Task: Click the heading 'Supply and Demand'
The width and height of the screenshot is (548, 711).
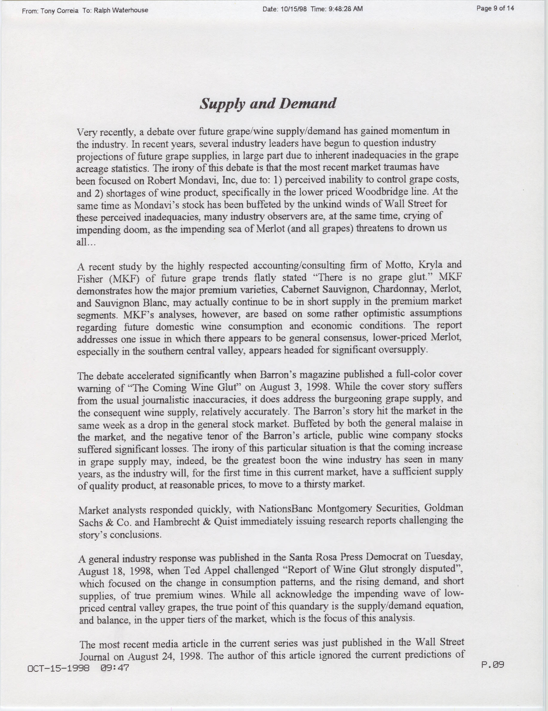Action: [268, 103]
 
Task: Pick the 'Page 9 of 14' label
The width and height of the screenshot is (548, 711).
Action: [495, 8]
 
